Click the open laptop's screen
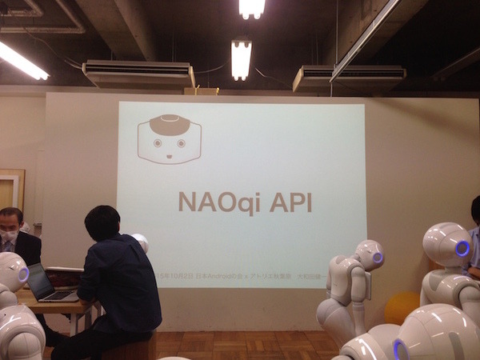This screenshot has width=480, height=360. (x=40, y=282)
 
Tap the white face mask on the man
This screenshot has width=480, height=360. (x=8, y=237)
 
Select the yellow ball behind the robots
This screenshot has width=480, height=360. (x=401, y=307)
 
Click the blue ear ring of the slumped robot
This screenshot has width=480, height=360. (x=378, y=258)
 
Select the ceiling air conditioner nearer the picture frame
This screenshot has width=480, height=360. (x=138, y=74)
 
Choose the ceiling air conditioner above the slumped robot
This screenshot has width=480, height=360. (x=349, y=77)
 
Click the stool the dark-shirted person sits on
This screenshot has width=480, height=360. (x=128, y=349)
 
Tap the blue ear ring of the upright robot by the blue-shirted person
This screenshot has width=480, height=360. (x=462, y=248)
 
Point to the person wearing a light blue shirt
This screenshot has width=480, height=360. (x=474, y=240)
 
